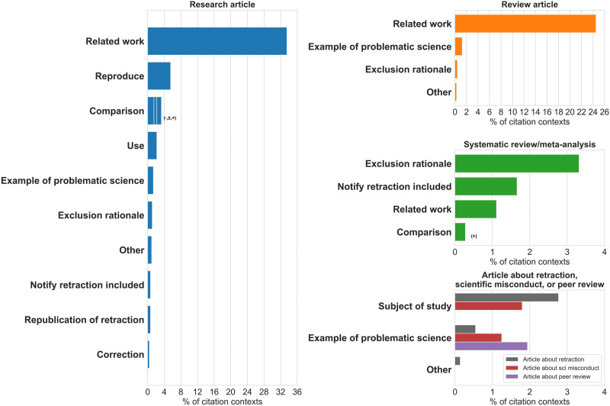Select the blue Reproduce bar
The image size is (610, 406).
[159, 76]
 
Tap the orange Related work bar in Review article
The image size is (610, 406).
[525, 24]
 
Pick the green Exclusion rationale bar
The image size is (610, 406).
[516, 163]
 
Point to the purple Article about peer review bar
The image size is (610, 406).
[491, 346]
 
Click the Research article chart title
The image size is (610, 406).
[222, 5]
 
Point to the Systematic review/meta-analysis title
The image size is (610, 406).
[529, 145]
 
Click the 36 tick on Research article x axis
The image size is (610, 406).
[297, 391]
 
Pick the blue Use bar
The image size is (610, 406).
[152, 146]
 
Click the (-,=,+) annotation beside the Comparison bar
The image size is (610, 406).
[169, 118]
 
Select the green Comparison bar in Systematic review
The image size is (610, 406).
[460, 232]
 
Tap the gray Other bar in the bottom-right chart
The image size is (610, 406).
[457, 361]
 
